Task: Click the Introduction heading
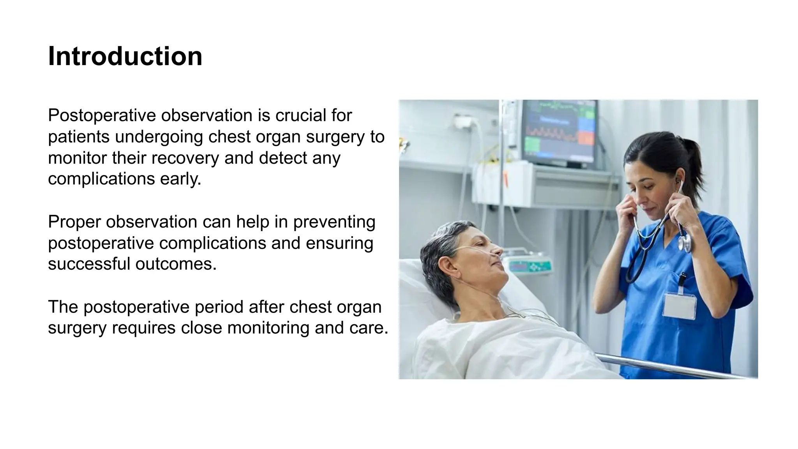coord(125,57)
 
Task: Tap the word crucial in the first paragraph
coord(300,116)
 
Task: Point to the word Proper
coord(74,222)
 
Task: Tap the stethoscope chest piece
coord(684,242)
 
